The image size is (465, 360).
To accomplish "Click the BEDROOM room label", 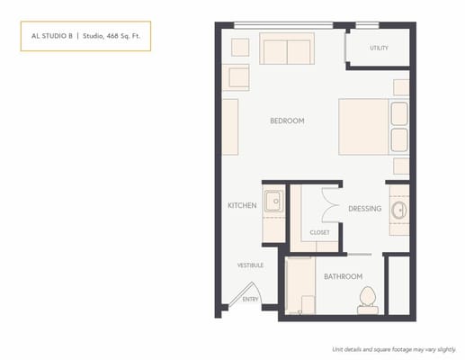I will pos(287,121).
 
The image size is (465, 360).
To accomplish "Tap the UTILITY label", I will pos(379,49).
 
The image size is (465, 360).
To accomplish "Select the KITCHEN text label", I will pos(242,206).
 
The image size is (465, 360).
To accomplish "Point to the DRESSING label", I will pos(365,209).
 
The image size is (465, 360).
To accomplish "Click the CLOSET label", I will pos(319,232).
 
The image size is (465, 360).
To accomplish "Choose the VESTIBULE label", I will pos(249,265).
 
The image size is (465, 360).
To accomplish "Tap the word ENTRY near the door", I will pos(250,299).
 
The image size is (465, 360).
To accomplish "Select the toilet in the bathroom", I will pos(367,300).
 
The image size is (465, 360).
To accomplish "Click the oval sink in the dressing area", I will pos(399,211).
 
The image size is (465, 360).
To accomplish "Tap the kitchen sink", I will pos(273,200).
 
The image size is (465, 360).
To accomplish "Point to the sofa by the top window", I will pos(287,49).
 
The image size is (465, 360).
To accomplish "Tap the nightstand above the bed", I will pos(401,87).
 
